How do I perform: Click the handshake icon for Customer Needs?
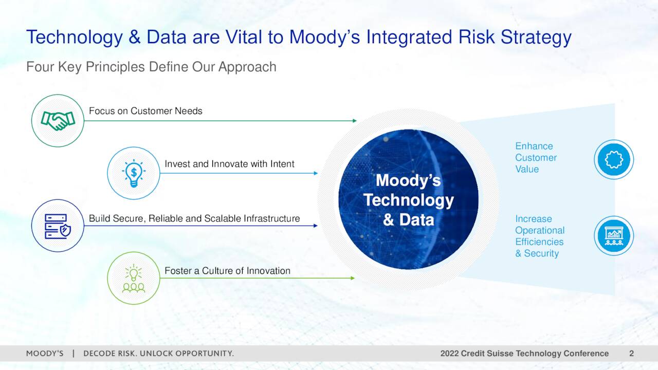[x=58, y=121]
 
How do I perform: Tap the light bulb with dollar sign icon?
[x=134, y=173]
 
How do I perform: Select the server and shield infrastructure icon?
[x=58, y=226]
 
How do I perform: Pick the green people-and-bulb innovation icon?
[x=134, y=278]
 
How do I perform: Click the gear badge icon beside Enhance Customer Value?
[x=614, y=160]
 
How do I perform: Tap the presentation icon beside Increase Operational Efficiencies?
[x=614, y=236]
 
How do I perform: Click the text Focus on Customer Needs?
[x=145, y=111]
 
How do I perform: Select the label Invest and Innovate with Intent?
[x=229, y=164]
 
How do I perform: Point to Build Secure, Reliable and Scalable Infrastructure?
[x=194, y=218]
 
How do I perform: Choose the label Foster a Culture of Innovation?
[x=227, y=271]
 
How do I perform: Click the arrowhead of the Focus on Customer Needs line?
[x=355, y=121]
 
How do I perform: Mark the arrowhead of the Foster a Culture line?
[x=353, y=278]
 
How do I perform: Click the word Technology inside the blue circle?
[x=409, y=200]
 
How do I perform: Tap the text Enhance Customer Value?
[x=536, y=158]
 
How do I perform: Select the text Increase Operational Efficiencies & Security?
[x=540, y=236]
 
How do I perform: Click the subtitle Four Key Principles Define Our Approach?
[x=151, y=67]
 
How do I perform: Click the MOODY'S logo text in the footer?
[x=45, y=354]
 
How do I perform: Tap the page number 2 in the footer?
[x=631, y=354]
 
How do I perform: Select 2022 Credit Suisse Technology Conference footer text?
[x=524, y=354]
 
